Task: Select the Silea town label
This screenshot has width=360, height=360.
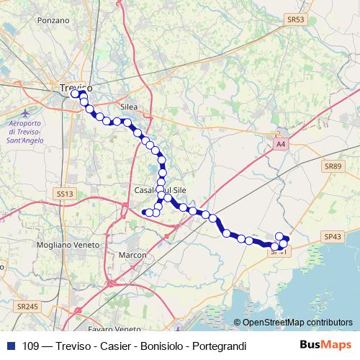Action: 129,107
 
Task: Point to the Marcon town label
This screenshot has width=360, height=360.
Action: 133,255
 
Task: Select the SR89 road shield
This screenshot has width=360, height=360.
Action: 332,166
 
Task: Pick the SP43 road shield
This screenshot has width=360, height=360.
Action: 333,236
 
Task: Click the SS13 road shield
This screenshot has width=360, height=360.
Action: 65,194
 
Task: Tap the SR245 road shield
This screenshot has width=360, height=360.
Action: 27,306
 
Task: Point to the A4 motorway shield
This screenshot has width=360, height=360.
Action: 281,145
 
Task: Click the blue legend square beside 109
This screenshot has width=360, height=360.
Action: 9,346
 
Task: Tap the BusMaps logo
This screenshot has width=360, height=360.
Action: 326,346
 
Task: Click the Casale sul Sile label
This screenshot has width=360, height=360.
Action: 151,189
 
